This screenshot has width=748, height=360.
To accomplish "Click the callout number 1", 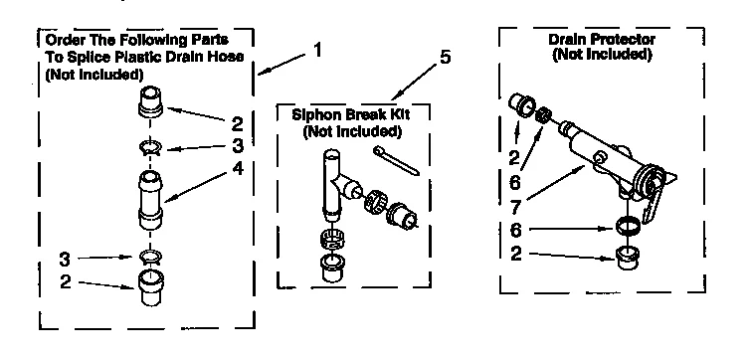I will (x=316, y=49).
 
